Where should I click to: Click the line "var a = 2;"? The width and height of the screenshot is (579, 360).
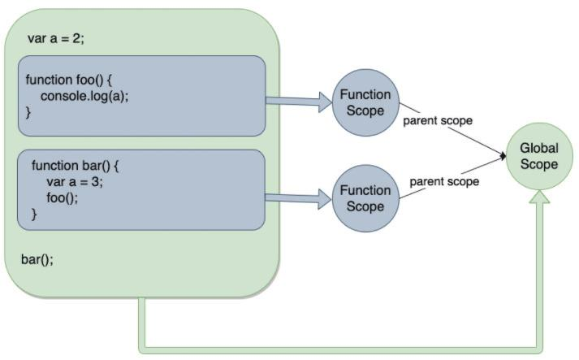click(x=56, y=38)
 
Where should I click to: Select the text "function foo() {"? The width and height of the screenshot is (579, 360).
click(x=69, y=80)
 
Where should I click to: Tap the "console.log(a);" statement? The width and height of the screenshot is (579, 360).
click(x=84, y=96)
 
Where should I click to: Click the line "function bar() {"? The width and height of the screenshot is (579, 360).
click(x=75, y=166)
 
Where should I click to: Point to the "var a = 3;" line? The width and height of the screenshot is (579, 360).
click(x=75, y=181)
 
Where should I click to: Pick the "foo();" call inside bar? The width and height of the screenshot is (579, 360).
click(x=63, y=197)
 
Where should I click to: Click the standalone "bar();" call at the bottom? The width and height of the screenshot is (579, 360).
click(x=37, y=259)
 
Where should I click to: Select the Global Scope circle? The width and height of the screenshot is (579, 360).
click(x=539, y=156)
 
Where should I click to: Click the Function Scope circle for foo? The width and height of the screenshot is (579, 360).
click(x=365, y=102)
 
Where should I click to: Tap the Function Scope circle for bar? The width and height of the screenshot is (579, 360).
click(x=365, y=198)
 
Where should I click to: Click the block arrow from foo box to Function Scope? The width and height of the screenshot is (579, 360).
click(x=299, y=102)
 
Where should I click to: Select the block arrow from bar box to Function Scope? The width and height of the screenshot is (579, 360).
click(x=298, y=199)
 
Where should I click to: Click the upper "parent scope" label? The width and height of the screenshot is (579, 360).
click(x=438, y=120)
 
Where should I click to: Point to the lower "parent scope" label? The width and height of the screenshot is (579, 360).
click(x=444, y=181)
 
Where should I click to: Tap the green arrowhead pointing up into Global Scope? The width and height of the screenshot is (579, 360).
click(x=539, y=197)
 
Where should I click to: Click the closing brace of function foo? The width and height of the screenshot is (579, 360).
click(x=28, y=112)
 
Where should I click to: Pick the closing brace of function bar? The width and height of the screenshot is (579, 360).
click(x=34, y=215)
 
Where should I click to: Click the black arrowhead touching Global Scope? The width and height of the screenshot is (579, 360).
click(x=503, y=156)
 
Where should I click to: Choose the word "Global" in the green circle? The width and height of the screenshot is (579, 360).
click(x=539, y=148)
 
